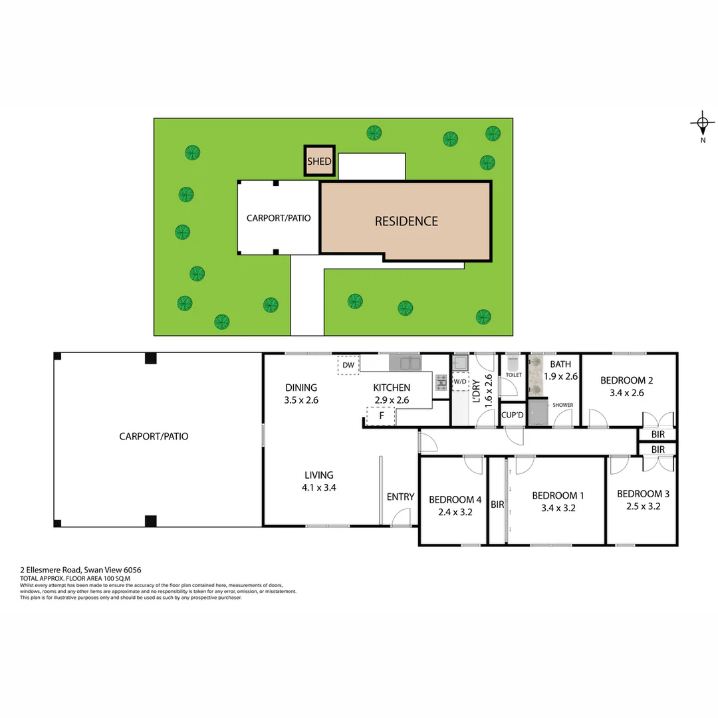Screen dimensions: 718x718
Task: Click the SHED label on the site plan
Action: pyautogui.click(x=319, y=162)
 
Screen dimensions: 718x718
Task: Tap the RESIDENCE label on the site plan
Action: pyautogui.click(x=406, y=221)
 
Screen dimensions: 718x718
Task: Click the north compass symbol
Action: pyautogui.click(x=703, y=124)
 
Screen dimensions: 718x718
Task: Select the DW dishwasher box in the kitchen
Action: pyautogui.click(x=348, y=365)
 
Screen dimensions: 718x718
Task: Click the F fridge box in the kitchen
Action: pyautogui.click(x=381, y=417)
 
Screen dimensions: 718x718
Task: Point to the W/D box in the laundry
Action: pyautogui.click(x=460, y=382)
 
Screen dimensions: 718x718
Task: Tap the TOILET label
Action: pyautogui.click(x=513, y=375)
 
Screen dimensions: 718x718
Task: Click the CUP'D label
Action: pyautogui.click(x=513, y=415)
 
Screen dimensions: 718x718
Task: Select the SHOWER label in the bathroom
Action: pyautogui.click(x=562, y=405)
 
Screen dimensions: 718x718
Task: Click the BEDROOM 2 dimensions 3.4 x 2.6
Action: pyautogui.click(x=626, y=393)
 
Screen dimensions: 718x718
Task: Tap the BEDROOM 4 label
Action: pyautogui.click(x=455, y=500)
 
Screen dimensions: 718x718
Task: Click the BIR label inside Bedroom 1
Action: pyautogui.click(x=497, y=505)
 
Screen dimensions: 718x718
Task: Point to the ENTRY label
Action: pyautogui.click(x=400, y=497)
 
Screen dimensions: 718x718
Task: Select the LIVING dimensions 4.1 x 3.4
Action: pyautogui.click(x=319, y=487)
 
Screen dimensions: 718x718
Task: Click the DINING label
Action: pyautogui.click(x=301, y=388)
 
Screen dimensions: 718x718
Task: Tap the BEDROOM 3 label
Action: pyautogui.click(x=643, y=493)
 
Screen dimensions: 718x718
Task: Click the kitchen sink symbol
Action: pyautogui.click(x=405, y=363)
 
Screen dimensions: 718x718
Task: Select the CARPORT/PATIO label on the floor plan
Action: pyautogui.click(x=154, y=436)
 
